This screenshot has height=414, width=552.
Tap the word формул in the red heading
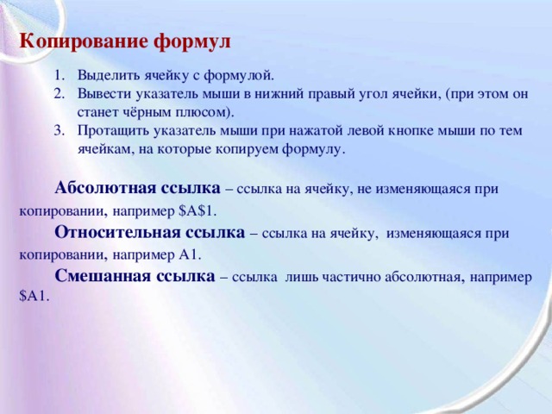point(192,41)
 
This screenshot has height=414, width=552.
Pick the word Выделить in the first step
point(103,75)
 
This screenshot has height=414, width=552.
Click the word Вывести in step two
point(100,93)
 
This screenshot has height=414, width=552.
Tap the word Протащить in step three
point(110,130)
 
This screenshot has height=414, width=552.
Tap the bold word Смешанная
point(97,276)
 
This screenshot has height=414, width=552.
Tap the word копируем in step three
point(269,148)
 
